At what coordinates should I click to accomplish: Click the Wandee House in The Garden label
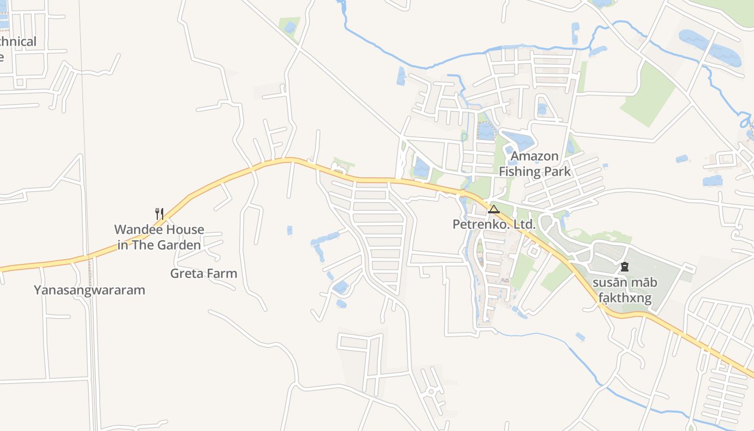point(159,237)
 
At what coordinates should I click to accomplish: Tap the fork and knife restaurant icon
point(159,214)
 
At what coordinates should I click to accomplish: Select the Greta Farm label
point(204,273)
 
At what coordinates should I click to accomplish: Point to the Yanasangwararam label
point(89,290)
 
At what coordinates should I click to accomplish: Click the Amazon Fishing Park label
point(535,164)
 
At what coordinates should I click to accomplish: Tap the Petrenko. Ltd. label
point(494,224)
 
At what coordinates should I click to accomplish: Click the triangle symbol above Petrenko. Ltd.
point(494,209)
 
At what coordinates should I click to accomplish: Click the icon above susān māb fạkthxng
point(625,266)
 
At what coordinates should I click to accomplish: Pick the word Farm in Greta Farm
point(222,273)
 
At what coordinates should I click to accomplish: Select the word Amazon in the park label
point(535,156)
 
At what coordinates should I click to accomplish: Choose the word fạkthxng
point(625,298)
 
